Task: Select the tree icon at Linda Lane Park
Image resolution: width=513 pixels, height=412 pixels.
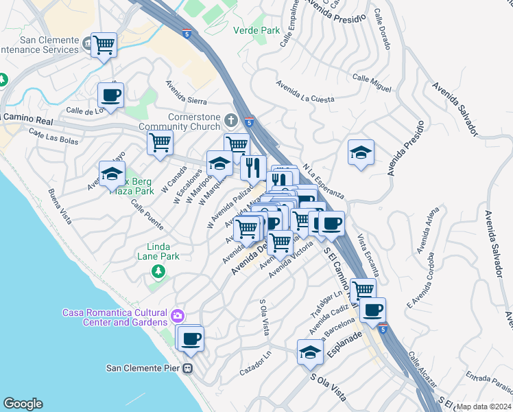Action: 159,272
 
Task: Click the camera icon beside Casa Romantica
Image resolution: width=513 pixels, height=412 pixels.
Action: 178,316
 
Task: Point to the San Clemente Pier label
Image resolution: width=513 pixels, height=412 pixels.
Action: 143,368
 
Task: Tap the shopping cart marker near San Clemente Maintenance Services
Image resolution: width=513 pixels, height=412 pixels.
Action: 104,46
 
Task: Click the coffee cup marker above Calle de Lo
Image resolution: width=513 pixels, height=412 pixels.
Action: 110,95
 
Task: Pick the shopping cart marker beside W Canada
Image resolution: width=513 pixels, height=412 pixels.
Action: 160,143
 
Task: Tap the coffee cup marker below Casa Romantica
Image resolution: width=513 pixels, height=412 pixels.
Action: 191,337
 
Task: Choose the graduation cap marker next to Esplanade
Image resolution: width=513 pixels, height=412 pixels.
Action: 310,352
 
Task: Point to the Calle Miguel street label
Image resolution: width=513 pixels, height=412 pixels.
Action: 372,83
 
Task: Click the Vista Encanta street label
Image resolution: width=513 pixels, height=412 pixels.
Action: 368,258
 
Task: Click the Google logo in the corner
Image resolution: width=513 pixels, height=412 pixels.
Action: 23,404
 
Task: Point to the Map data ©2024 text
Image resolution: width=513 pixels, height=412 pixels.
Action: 484,407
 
